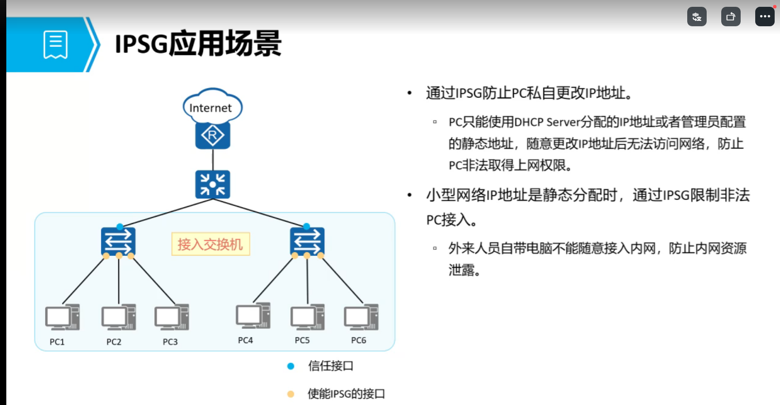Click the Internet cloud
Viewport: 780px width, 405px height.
[212, 106]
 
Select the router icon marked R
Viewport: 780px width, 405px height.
[213, 135]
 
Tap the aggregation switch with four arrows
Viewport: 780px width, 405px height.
[213, 184]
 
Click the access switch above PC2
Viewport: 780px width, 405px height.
[118, 241]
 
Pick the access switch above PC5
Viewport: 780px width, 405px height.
[307, 241]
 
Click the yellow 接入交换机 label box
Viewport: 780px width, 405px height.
[210, 244]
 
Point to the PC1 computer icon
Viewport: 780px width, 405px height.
[62, 318]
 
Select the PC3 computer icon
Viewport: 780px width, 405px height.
[171, 318]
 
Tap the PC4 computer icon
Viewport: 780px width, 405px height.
[253, 317]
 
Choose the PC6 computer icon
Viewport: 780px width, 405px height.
[361, 317]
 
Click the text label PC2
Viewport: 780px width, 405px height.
[114, 342]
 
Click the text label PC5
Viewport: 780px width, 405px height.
[302, 340]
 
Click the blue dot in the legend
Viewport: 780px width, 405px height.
[290, 366]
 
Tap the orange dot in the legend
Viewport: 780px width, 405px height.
[290, 394]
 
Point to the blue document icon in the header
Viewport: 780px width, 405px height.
[55, 45]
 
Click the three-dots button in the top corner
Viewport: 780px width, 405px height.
[764, 17]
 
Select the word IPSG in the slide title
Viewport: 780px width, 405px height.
[141, 44]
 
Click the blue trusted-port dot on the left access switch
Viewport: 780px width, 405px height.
[120, 227]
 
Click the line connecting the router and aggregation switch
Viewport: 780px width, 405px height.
[213, 159]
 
